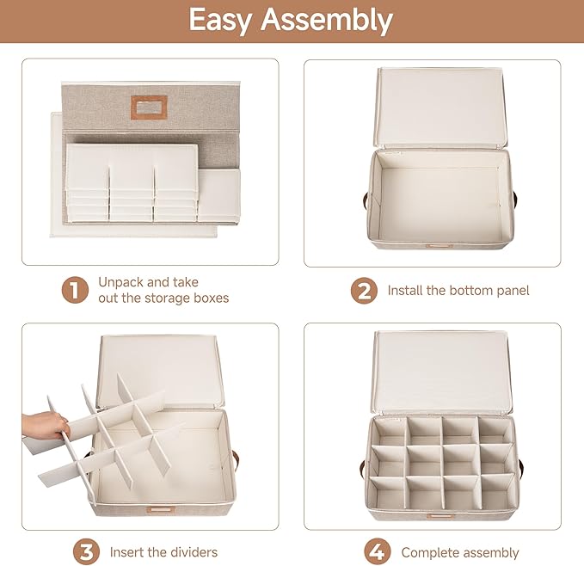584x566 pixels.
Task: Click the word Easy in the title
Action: (220, 21)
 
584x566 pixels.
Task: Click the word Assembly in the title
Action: (327, 21)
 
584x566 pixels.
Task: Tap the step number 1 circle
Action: (75, 290)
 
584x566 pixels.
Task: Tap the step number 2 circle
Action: (364, 291)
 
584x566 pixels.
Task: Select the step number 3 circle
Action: (86, 551)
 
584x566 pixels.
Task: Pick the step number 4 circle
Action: (377, 552)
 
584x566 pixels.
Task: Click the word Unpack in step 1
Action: (121, 283)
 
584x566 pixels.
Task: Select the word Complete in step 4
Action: (428, 553)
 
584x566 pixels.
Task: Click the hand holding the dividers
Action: (45, 425)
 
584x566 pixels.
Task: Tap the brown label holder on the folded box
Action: (149, 108)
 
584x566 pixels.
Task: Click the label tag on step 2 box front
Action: (440, 246)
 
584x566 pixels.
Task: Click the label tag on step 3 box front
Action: (161, 509)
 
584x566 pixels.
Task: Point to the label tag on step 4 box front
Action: (440, 516)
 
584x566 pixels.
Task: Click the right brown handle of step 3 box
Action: (237, 460)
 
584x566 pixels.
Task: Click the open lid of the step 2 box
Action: (440, 108)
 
